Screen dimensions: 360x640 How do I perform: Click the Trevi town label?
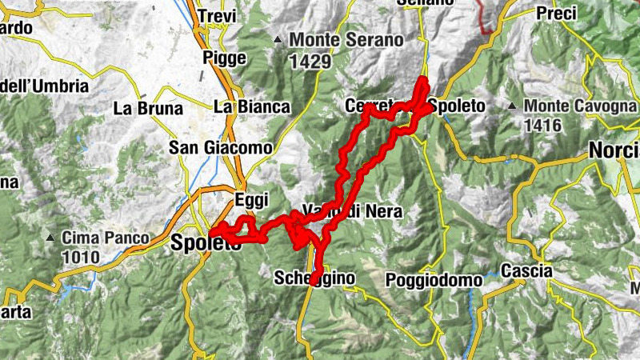218,16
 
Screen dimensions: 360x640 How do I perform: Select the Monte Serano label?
337,38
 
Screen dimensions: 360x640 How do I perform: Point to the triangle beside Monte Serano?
278,38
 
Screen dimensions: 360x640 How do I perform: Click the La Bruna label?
148,108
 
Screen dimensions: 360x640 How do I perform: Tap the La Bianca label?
251,106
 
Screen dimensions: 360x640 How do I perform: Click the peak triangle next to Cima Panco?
51,238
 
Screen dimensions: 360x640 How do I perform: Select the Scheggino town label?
314,278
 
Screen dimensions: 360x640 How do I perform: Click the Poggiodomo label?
434,280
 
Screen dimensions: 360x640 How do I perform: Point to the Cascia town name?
526,271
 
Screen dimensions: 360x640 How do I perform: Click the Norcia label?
614,150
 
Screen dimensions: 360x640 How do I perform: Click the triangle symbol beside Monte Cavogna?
513,106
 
